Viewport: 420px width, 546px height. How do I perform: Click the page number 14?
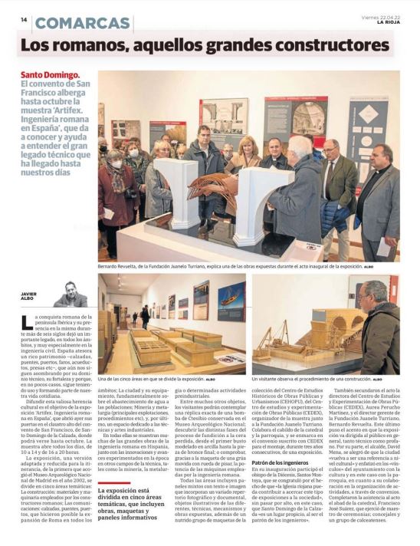(24, 20)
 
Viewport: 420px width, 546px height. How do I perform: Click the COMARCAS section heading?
(82, 22)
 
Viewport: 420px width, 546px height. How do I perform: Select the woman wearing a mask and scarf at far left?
(115, 188)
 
